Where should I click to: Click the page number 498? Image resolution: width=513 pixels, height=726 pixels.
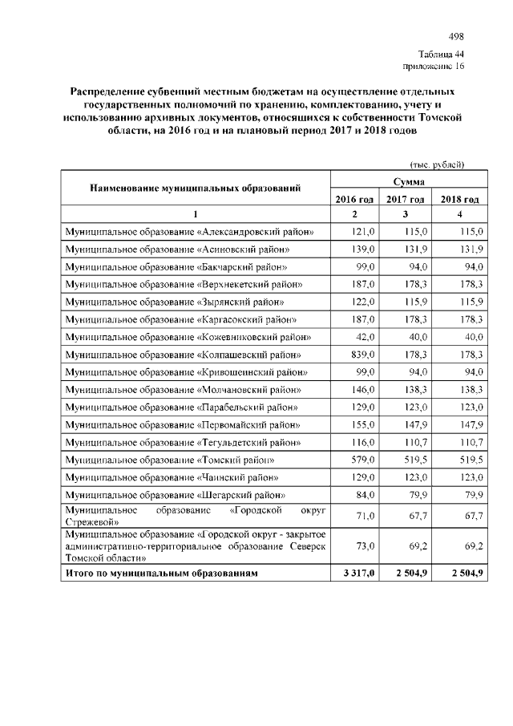point(456,37)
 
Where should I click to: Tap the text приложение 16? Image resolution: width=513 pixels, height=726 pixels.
point(433,66)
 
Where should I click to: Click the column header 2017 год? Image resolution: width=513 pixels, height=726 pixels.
point(406,199)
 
